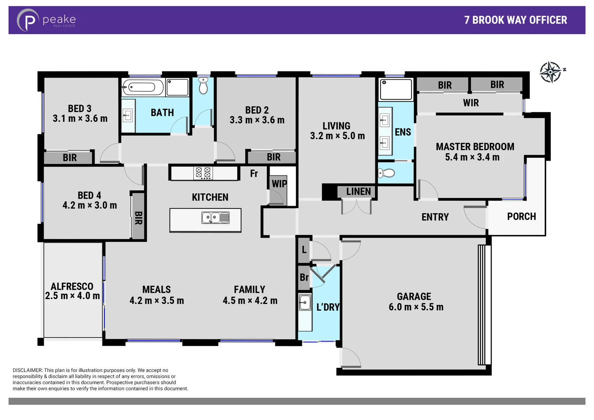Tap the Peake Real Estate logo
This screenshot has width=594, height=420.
click(x=46, y=20)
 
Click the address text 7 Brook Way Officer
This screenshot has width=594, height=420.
click(x=515, y=20)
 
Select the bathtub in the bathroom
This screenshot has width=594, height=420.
click(x=143, y=87)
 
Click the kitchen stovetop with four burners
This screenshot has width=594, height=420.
click(x=203, y=173)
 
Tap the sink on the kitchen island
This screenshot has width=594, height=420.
click(x=215, y=218)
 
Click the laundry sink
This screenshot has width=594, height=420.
click(x=305, y=302)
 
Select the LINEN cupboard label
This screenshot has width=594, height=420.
click(x=358, y=191)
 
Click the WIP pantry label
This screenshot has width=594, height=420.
click(x=279, y=184)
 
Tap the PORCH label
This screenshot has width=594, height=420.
click(x=521, y=217)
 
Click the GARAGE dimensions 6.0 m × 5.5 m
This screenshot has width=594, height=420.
click(x=416, y=307)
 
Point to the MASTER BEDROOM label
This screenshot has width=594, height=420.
click(x=475, y=147)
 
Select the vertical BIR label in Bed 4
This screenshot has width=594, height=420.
click(x=138, y=218)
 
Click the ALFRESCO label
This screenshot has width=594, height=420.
click(x=72, y=286)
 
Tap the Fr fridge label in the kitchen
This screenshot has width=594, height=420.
click(x=254, y=173)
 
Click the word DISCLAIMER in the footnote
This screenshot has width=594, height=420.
click(x=27, y=370)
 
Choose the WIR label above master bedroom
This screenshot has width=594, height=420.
click(x=471, y=103)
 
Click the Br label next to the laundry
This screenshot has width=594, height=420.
click(x=304, y=277)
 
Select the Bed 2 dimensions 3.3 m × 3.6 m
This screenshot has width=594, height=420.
click(x=257, y=120)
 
